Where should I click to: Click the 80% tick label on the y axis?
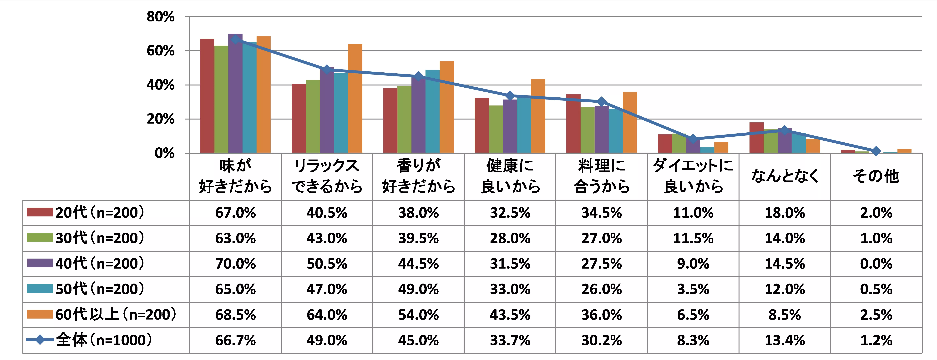coord(160,17)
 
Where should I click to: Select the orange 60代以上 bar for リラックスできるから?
coord(355,98)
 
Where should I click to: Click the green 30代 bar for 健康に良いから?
coord(496,129)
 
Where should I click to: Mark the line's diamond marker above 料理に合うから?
coord(602,101)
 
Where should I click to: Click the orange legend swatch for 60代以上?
coord(40,314)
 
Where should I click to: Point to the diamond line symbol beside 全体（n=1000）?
coord(40,340)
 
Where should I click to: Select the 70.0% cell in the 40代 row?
coord(235,264)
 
